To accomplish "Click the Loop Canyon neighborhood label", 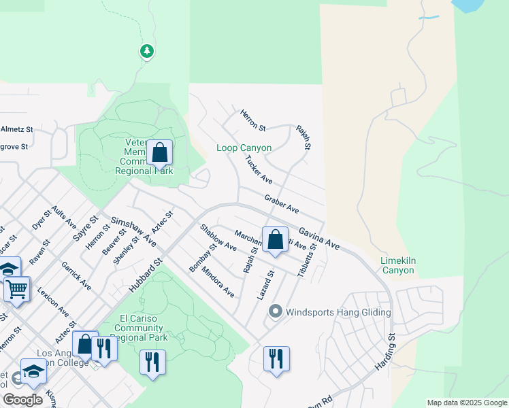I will [x=244, y=148].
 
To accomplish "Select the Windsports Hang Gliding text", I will [x=339, y=312].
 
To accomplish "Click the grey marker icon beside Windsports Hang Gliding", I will [x=275, y=312].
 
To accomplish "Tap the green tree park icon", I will [x=146, y=51].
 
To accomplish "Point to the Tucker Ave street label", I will [x=259, y=171].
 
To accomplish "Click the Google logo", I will [x=22, y=399].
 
